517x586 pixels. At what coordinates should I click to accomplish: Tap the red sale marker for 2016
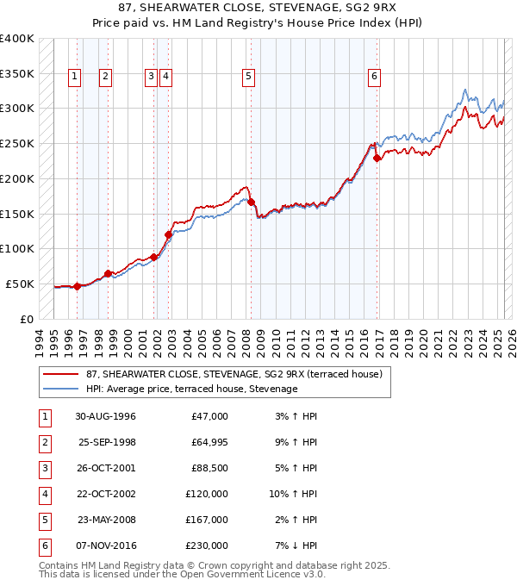point(377,158)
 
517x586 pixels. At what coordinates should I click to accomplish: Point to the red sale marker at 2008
point(252,202)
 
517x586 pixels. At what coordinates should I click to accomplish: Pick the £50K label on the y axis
point(21,284)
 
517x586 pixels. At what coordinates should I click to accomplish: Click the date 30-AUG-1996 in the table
point(105,416)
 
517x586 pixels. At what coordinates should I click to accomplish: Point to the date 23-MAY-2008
point(106,520)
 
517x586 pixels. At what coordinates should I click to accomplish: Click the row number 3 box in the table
point(44,468)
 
